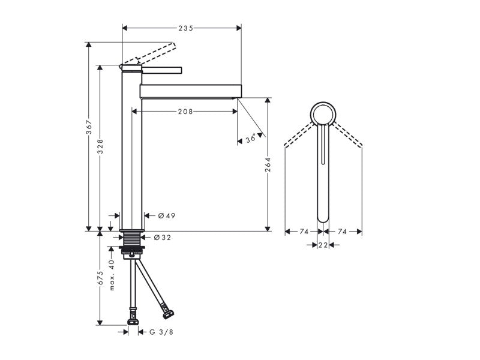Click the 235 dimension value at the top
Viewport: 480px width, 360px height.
[186, 28]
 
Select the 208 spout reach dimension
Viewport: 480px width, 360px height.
[185, 112]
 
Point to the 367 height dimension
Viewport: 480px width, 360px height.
[89, 127]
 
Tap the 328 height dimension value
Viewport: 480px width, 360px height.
[100, 147]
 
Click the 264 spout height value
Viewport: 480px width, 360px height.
[268, 165]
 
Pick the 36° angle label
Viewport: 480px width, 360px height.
[251, 139]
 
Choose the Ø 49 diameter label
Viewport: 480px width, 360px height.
[167, 216]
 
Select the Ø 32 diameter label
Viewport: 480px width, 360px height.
[163, 238]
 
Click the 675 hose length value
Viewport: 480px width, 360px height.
[100, 278]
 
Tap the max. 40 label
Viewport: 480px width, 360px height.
[112, 275]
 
